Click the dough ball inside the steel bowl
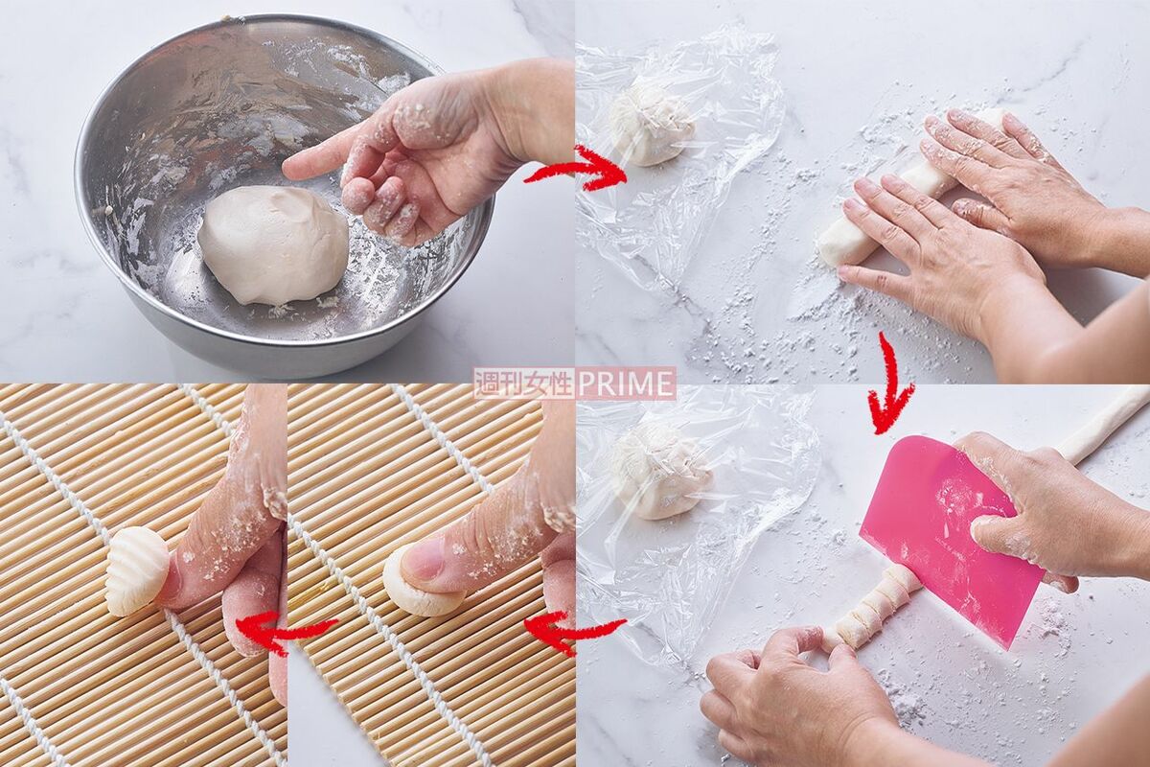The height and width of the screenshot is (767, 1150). (x=273, y=244)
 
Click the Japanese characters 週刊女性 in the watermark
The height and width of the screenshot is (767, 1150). (x=524, y=383)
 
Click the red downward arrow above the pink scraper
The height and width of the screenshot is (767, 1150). (x=889, y=383)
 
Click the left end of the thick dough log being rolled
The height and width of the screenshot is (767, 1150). (x=825, y=252)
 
